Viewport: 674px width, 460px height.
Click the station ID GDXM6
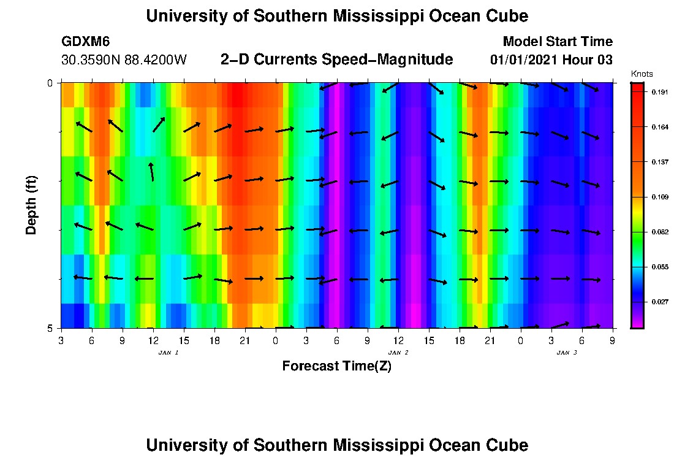click(85, 42)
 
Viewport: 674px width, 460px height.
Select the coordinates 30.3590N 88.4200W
click(124, 60)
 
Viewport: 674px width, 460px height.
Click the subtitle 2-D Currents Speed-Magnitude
click(336, 59)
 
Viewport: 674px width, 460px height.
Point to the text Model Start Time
click(557, 42)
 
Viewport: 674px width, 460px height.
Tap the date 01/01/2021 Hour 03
click(551, 60)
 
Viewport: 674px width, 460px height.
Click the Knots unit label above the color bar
click(642, 74)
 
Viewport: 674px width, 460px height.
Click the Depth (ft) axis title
click(32, 205)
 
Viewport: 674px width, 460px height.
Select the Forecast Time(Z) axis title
click(336, 366)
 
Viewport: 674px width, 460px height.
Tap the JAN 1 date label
click(168, 353)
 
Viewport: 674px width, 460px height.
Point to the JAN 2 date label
click(398, 353)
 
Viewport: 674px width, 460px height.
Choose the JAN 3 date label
click(567, 353)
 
